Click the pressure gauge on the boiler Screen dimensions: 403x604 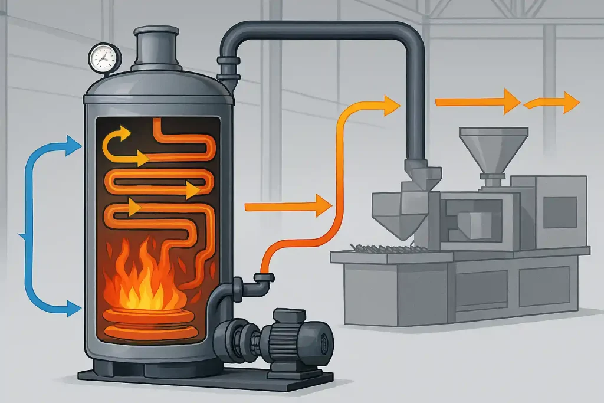104,57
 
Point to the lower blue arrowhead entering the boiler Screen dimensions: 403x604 73,307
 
